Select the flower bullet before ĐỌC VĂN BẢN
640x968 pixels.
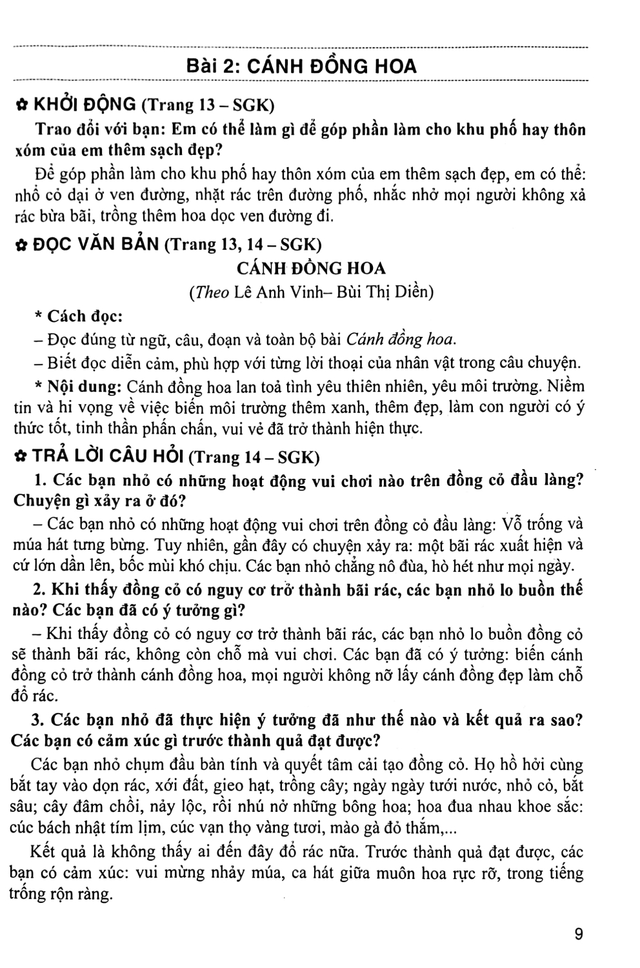point(20,245)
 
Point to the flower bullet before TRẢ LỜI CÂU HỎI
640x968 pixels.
point(20,457)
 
